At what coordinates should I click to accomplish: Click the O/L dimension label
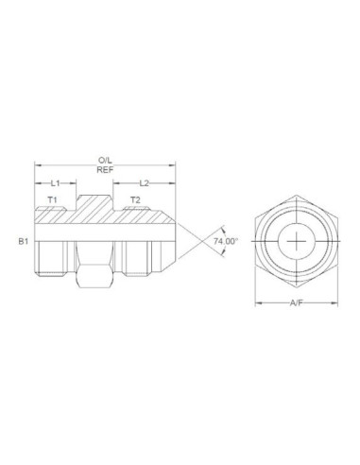(104, 162)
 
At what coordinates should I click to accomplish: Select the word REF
(104, 171)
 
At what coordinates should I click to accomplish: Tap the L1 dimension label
(56, 182)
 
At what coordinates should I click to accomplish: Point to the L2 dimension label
(146, 182)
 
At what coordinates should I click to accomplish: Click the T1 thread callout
(54, 200)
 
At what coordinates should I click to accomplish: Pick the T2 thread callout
(135, 200)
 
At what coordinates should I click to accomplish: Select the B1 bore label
(24, 243)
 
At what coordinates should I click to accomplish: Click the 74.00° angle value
(226, 242)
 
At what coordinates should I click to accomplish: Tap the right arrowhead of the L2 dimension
(174, 182)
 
